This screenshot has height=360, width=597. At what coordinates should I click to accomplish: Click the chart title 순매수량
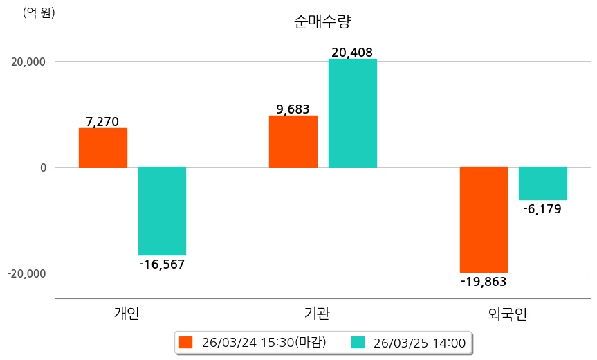323,21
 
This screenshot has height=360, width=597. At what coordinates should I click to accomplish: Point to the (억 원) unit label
39,12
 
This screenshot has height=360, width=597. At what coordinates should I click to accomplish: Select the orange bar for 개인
102,147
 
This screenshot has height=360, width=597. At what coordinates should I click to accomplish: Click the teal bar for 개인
162,210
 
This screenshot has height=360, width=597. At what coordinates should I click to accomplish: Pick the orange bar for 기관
293,141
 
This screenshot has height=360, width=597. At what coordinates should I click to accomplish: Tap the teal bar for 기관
352,113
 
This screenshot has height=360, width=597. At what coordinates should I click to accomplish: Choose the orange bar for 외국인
484,219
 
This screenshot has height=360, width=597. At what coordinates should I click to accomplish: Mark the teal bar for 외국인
543,183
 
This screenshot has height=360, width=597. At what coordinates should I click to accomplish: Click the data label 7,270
102,122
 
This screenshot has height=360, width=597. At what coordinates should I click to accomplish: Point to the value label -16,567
162,264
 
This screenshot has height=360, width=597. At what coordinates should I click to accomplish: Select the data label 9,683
293,109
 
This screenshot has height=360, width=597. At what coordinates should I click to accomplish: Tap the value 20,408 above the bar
352,52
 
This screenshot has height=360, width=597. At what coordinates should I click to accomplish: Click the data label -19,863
484,281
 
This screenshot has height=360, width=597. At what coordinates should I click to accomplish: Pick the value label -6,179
543,208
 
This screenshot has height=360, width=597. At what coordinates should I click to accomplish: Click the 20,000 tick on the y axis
26,62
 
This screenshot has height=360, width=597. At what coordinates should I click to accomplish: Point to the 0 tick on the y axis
42,168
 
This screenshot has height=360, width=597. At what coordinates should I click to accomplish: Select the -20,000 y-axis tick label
26,273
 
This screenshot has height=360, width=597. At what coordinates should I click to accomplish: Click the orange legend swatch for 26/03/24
185,342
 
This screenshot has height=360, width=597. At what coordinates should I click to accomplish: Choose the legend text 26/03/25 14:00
419,342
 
